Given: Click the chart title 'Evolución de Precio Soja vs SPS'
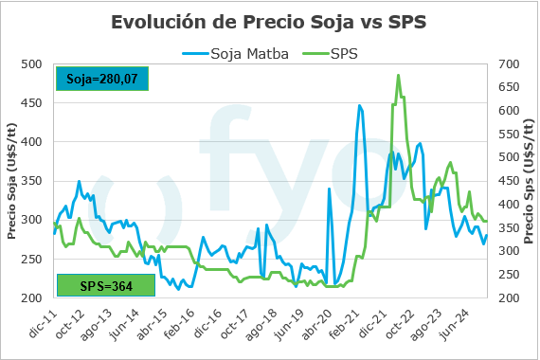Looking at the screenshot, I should tap(269, 21).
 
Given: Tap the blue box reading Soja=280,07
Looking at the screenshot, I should tap(101, 79).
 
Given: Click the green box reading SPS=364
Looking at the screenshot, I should tap(104, 284).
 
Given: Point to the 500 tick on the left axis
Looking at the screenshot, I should tap(32, 64).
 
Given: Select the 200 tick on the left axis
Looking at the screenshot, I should tap(32, 298).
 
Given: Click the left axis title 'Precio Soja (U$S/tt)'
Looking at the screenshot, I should tap(11, 180).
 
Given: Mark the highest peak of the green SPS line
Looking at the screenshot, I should tap(398, 75).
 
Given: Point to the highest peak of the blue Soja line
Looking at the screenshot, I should tap(359, 105).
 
